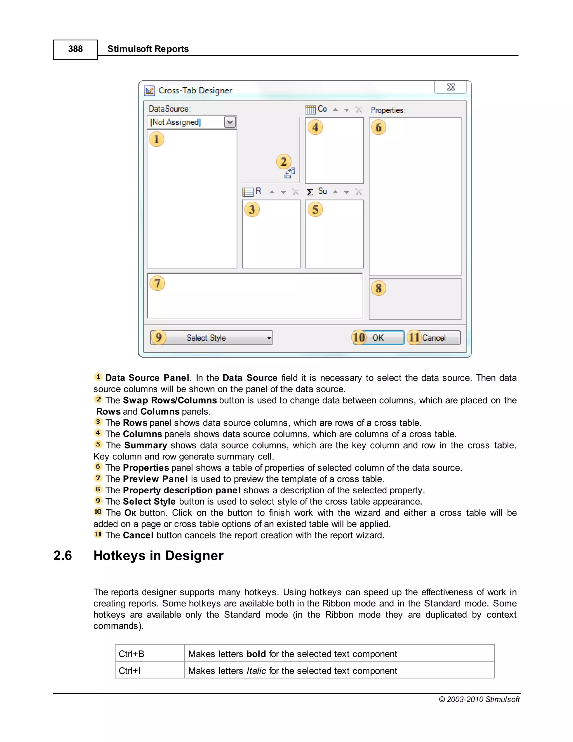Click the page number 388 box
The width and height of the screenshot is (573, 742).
pos(75,50)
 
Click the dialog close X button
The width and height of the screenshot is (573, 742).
pos(450,87)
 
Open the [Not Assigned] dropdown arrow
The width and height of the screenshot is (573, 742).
pos(230,122)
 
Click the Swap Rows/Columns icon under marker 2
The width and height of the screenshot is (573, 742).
pos(290,173)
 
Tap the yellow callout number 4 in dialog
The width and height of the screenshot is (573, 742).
pos(315,127)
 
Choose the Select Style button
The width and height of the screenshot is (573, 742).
pos(212,338)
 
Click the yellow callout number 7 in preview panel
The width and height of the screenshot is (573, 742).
pos(157,283)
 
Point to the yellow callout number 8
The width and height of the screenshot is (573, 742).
pos(379,288)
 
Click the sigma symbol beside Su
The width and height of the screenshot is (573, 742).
pos(310,192)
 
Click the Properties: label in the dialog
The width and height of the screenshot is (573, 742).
pos(388,110)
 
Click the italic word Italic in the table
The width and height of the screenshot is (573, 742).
pos(256,671)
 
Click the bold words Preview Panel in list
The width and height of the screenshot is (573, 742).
pos(155,479)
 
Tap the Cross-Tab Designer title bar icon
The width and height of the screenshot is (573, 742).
pos(150,90)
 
